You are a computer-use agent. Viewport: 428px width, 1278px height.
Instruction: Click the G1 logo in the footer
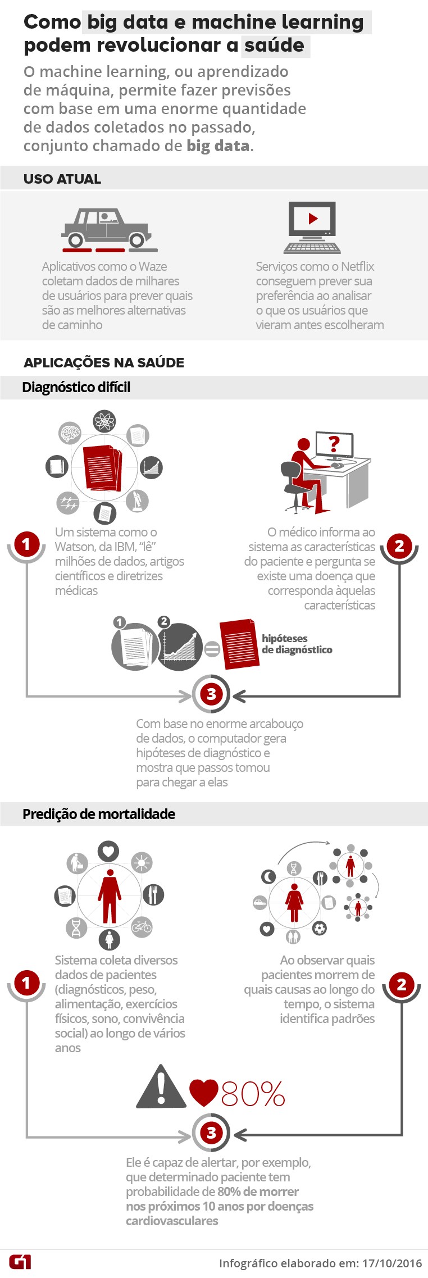pos(20,1262)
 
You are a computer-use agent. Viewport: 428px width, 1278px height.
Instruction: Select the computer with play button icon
pos(312,228)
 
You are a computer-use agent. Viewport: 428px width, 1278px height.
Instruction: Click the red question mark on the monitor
pos(334,444)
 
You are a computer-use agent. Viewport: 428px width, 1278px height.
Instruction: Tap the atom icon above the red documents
pos(104,421)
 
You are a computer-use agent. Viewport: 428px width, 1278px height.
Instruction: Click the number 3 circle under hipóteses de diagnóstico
pos(211,694)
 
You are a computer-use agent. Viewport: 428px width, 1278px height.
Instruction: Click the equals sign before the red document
pos(212,650)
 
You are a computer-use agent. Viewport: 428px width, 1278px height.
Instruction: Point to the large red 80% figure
pos(253,1093)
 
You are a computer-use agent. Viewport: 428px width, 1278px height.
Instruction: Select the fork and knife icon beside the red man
pos(153,894)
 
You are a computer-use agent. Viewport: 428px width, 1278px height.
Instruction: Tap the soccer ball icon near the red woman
pos(320,927)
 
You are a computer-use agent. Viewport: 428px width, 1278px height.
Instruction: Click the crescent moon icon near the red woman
pos(269,876)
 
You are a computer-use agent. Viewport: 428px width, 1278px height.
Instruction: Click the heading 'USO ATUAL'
pos(62,179)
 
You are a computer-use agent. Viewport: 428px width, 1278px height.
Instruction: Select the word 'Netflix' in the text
pos(358,266)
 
